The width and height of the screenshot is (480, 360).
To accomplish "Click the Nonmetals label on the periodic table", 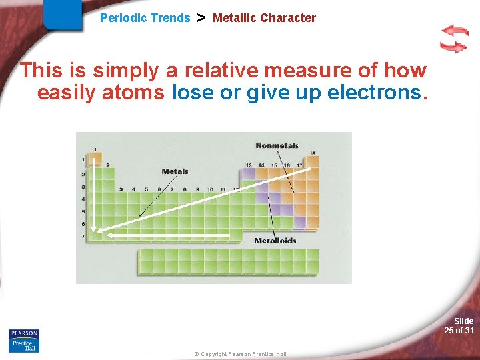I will (277, 145).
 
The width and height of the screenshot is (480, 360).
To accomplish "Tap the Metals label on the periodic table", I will (175, 171).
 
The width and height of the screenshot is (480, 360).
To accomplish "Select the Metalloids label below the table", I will (275, 241).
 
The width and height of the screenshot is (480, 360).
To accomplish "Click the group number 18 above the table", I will (312, 153).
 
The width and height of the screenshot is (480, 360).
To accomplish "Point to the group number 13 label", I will (248, 165).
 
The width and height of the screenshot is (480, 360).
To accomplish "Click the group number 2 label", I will (108, 165).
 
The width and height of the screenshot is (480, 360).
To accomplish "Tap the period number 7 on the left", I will (83, 237).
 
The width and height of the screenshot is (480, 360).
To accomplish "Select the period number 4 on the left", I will (83, 199).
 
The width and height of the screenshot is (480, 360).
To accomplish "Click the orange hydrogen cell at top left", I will (95, 159).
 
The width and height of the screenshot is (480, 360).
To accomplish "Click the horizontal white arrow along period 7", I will (167, 235).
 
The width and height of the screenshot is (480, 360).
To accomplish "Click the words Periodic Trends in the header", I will (145, 18).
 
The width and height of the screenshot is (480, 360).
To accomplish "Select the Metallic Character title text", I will (264, 18).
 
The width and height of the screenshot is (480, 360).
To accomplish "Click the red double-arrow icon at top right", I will (454, 39).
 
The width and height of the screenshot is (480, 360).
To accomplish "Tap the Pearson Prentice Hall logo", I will (24, 340).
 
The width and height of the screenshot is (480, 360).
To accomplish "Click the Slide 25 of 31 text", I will (459, 326).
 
